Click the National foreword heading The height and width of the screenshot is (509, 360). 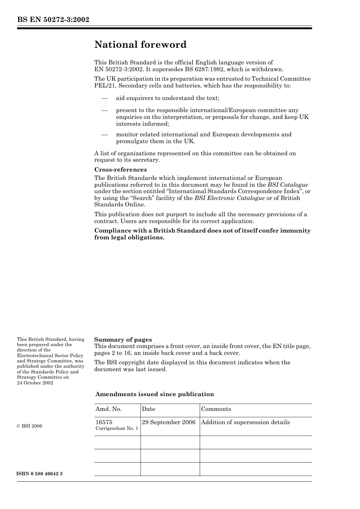pos(140,45)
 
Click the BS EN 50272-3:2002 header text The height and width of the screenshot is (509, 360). pos(53,20)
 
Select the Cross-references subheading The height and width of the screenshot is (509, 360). pos(121,170)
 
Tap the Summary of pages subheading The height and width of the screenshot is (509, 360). pos(123,340)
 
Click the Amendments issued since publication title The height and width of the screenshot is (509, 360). pos(155,394)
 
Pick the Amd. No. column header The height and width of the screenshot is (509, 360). pos(108,409)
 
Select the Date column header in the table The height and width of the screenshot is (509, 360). pos(149,409)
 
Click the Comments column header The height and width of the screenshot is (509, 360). pos(216,409)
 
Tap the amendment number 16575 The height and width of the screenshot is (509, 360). pos(104,422)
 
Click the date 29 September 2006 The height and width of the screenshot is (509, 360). pos(169,422)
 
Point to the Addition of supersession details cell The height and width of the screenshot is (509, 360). pos(245,422)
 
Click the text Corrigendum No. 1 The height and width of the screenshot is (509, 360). pos(117,428)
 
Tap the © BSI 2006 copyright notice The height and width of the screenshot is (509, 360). pos(30,426)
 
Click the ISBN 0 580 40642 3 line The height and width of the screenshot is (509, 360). pos(40,474)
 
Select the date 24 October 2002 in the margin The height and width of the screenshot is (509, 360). pos(35,383)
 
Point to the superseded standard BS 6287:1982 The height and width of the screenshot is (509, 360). pos(203,69)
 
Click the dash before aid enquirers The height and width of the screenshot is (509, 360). pos(105,98)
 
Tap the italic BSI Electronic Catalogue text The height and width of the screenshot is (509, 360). pos(230,198)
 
